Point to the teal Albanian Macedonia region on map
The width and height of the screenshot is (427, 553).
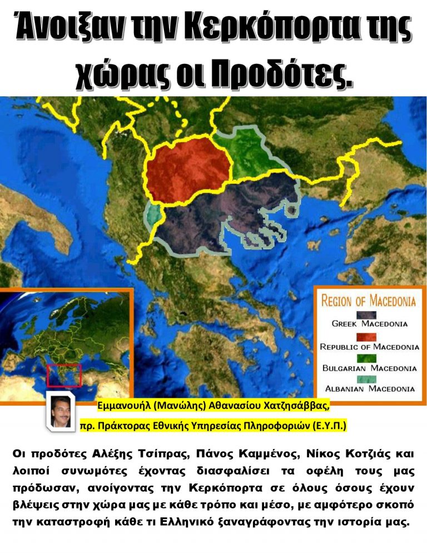pos(151,216)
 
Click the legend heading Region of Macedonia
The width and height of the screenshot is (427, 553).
pos(368,302)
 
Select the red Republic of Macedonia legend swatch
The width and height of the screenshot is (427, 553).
pos(369,337)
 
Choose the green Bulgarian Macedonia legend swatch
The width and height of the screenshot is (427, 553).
pos(369,359)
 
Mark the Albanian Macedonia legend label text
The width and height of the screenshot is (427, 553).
pos(369,388)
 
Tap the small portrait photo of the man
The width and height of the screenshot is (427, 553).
pos(60,412)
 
